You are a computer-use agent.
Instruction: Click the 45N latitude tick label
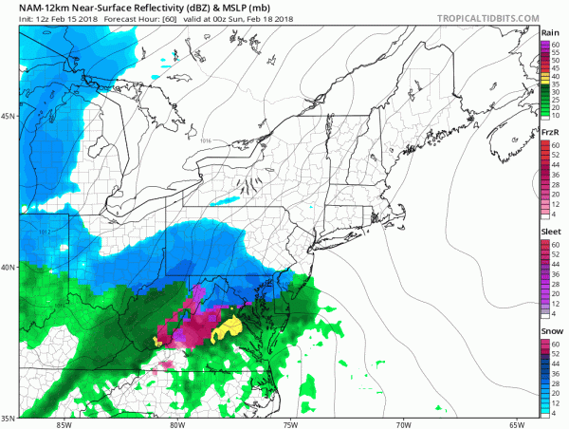click(x=8, y=117)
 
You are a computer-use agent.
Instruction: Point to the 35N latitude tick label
click(x=8, y=417)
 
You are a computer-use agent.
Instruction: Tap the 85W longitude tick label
click(x=64, y=424)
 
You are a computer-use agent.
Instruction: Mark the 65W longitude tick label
click(x=516, y=424)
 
